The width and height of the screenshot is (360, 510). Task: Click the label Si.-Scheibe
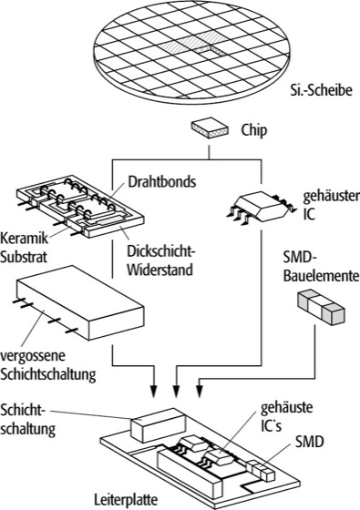tap(321, 90)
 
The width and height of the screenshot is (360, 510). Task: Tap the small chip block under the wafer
tap(210, 127)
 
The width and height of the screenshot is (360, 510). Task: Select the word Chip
tap(254, 130)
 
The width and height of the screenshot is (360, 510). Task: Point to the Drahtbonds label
tap(162, 181)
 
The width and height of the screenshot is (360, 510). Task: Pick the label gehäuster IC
tap(331, 205)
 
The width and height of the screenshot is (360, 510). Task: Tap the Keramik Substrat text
tap(24, 248)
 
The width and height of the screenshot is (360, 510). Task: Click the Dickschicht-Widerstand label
tap(162, 260)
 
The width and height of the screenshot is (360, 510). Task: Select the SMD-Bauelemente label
tap(321, 268)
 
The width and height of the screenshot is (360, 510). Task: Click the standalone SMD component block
tap(321, 307)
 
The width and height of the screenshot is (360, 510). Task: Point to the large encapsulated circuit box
tap(80, 302)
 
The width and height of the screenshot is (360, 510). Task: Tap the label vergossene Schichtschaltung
tap(47, 365)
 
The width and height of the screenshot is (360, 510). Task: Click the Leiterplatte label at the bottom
tap(126, 500)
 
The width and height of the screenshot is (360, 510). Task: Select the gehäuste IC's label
tap(286, 417)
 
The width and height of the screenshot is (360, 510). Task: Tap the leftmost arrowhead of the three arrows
tap(154, 391)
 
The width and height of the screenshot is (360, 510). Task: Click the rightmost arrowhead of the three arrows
tap(200, 391)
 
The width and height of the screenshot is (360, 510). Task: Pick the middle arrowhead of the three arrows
tap(176, 391)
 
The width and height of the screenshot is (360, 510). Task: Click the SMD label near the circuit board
tap(309, 442)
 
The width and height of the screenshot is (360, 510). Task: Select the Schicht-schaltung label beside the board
tap(27, 420)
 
